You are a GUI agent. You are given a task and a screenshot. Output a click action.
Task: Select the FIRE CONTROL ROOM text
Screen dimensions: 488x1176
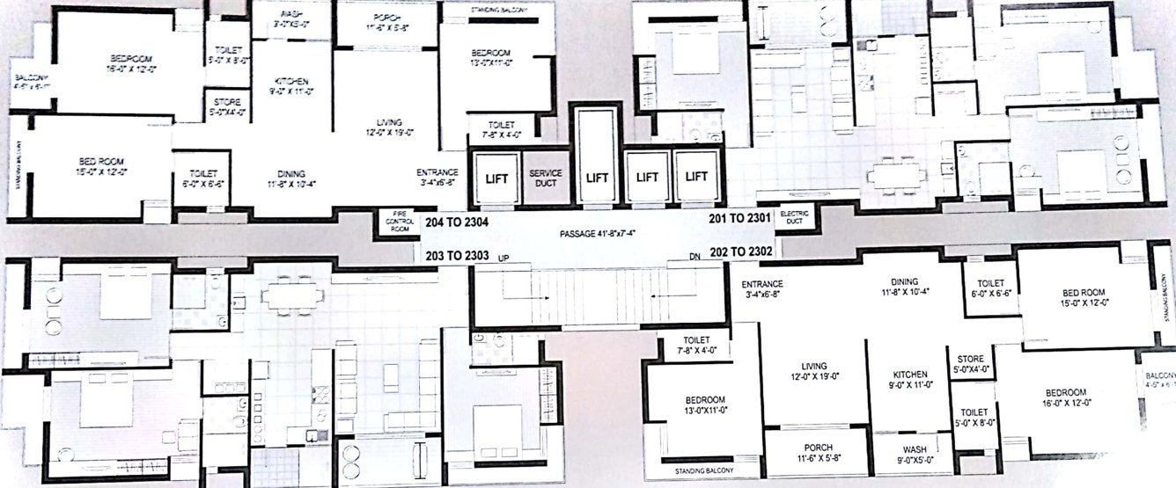(392, 221)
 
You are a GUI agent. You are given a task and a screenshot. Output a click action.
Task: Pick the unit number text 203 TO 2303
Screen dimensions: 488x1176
(456, 256)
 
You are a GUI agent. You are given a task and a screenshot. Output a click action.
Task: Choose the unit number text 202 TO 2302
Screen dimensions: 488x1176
(741, 251)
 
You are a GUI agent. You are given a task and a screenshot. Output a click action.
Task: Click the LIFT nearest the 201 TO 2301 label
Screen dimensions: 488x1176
(696, 177)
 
